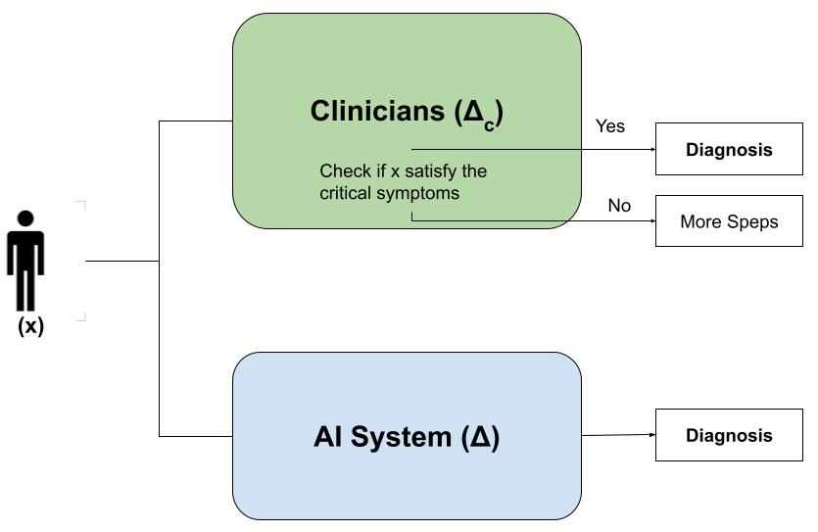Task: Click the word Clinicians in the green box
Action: pos(377,111)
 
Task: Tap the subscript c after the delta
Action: pos(487,121)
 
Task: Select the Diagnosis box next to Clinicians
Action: pos(729,150)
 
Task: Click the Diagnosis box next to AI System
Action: pos(729,436)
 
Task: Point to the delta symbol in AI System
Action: pos(479,437)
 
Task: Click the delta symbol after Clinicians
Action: pos(472,111)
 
